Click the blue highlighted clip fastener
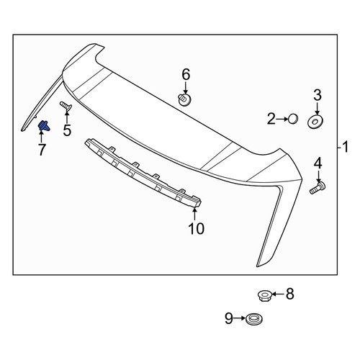[44, 126]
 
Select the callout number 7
[42, 150]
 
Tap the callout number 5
[67, 130]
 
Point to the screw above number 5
[66, 106]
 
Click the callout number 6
[186, 74]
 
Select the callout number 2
[271, 119]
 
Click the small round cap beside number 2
[293, 119]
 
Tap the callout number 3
[318, 95]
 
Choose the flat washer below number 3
[315, 122]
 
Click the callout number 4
[318, 163]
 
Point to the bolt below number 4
[318, 188]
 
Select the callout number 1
[345, 147]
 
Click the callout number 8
[289, 294]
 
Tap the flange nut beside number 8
[265, 295]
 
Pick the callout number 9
[229, 318]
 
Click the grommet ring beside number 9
[254, 319]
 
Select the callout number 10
[197, 228]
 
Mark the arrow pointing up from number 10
[194, 214]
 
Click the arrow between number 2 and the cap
[282, 119]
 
